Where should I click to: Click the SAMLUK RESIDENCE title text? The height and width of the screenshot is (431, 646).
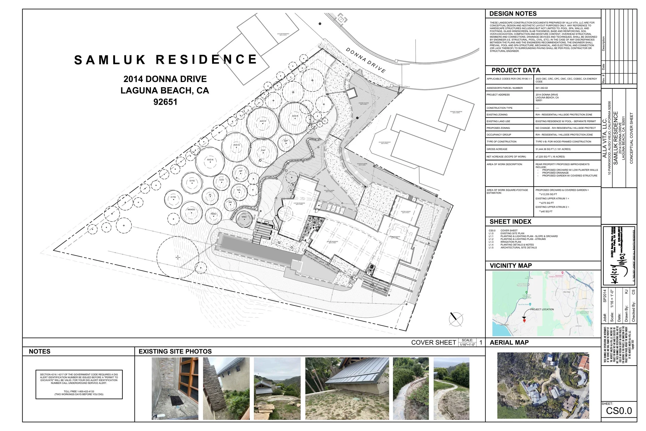(165, 60)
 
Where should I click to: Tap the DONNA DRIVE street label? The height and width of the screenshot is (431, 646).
(365, 60)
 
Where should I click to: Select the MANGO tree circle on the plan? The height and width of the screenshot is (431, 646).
(191, 213)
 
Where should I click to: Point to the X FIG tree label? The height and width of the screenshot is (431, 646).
(173, 197)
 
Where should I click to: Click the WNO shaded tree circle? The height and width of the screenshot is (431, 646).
(244, 219)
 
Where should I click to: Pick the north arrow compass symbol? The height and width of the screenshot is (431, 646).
(456, 319)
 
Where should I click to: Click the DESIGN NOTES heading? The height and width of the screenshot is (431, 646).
(513, 14)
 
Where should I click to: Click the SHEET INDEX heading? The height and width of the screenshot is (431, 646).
(510, 222)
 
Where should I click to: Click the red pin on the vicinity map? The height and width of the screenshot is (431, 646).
(524, 321)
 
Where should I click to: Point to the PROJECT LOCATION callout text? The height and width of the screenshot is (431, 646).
(542, 309)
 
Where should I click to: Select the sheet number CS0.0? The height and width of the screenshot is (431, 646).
(619, 411)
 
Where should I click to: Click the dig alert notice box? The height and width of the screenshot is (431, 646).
(79, 384)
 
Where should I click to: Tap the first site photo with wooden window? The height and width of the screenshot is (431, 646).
(175, 388)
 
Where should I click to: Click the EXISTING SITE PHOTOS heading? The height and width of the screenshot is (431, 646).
(175, 352)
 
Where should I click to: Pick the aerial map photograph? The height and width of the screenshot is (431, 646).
(543, 386)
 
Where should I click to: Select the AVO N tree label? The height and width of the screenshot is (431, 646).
(210, 160)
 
